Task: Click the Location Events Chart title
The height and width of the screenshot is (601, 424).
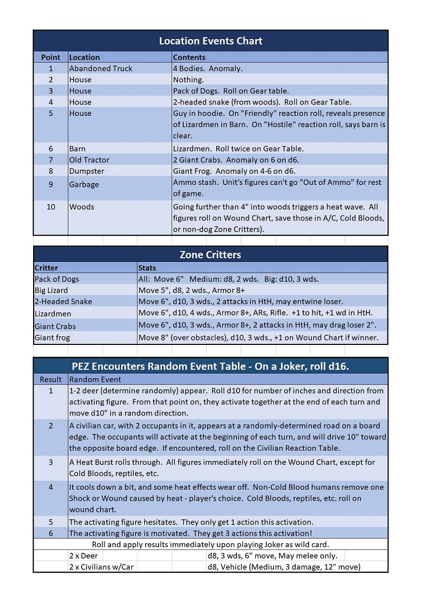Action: [x=210, y=41]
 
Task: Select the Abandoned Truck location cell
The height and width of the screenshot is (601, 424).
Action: [x=100, y=68]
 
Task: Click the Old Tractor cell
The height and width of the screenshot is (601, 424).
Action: [x=89, y=160]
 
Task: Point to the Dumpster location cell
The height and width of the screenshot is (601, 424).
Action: [x=87, y=171]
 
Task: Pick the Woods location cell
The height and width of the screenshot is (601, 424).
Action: [x=81, y=207]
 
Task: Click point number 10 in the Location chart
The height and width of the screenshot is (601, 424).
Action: [x=51, y=207]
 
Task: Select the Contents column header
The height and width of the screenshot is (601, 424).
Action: [x=189, y=57]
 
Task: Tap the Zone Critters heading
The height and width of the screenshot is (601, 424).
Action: [x=210, y=255]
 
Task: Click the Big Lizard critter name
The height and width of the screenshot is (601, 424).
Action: [x=51, y=290]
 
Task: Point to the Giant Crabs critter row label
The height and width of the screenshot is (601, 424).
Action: [x=55, y=326]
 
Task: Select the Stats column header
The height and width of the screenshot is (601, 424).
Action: [x=147, y=267]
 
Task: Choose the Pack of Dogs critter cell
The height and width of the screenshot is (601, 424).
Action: [x=57, y=279]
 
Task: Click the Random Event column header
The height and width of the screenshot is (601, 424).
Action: [x=95, y=379]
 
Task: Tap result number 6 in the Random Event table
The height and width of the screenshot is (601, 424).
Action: [x=51, y=533]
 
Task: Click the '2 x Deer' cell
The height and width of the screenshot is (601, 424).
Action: [x=84, y=556]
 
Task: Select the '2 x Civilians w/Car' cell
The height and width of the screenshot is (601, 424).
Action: [x=101, y=567]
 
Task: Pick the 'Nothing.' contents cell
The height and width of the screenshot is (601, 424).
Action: [x=189, y=80]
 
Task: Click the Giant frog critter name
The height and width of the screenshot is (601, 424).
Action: [x=52, y=337]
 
